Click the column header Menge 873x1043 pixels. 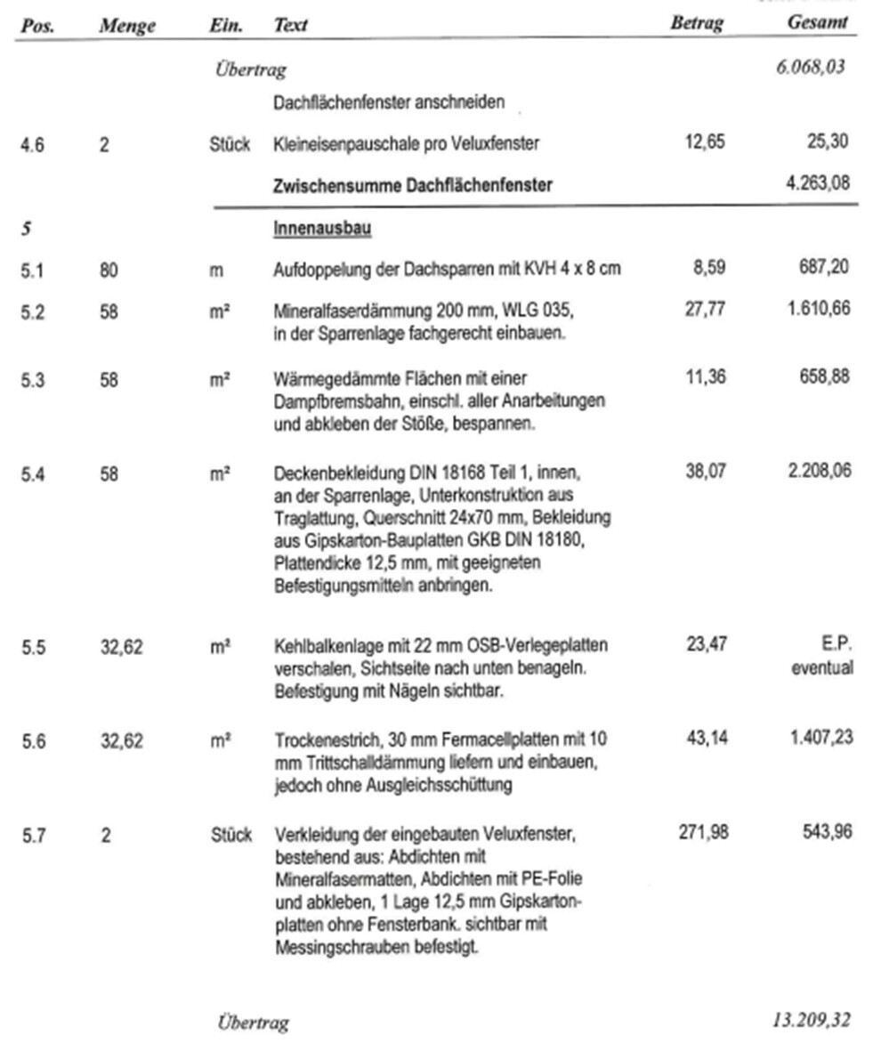[127, 26]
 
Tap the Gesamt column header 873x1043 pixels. [817, 24]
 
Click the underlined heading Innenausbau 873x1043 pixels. [322, 229]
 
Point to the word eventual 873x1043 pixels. [821, 667]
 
